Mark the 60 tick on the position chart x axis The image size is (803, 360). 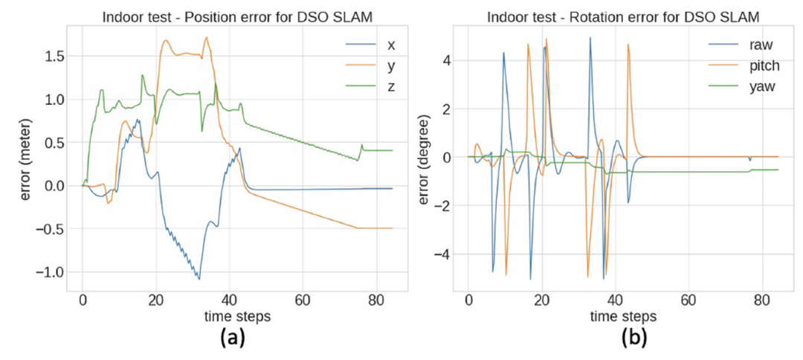click(301, 300)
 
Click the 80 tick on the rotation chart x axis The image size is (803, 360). click(761, 300)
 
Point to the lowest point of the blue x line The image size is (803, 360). click(199, 279)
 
